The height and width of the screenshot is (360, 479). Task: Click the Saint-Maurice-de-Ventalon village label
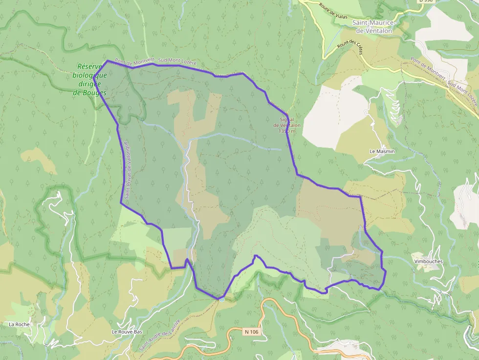(x=374, y=27)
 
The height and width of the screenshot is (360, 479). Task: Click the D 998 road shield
(x=426, y=1)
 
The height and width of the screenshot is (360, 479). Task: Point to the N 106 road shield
(x=251, y=332)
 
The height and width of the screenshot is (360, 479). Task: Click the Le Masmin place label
(x=382, y=151)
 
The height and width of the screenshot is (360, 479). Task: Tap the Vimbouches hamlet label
(x=428, y=261)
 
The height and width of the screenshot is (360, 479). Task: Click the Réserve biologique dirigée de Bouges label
(x=90, y=79)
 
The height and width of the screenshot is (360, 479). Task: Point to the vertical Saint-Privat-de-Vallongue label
(x=126, y=170)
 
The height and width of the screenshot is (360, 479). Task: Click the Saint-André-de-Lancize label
(x=160, y=335)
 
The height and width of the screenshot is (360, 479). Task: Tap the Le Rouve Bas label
(x=127, y=332)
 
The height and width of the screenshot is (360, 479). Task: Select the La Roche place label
(x=19, y=324)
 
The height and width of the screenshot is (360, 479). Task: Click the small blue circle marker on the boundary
(x=221, y=298)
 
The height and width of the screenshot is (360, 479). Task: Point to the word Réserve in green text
(x=89, y=67)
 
